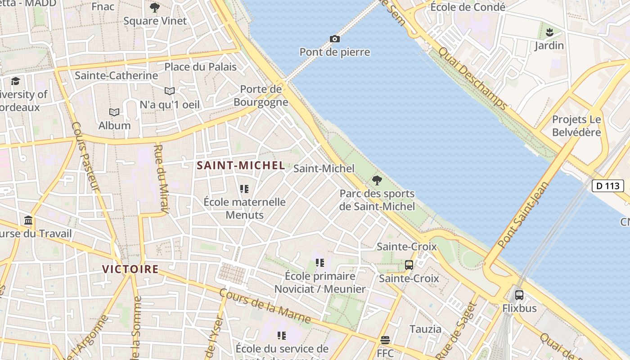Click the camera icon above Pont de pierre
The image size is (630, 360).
334,39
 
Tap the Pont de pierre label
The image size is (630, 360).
335,52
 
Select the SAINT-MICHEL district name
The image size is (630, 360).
241,166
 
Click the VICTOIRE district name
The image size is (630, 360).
130,270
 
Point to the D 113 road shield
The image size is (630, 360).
607,186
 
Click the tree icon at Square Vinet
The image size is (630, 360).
155,8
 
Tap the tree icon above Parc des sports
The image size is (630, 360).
377,180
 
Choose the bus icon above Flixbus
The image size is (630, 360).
519,295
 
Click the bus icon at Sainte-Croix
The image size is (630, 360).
409,265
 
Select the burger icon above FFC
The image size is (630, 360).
385,340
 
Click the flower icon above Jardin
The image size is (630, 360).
549,32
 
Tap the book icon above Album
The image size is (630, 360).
114,112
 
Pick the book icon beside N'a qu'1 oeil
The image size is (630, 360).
170,91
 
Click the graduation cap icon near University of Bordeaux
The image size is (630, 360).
16,81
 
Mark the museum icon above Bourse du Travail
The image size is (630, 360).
28,220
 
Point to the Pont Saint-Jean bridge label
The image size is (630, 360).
524,214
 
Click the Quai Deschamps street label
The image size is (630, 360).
472,79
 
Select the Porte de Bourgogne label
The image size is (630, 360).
261,95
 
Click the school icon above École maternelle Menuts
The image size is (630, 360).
244,189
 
